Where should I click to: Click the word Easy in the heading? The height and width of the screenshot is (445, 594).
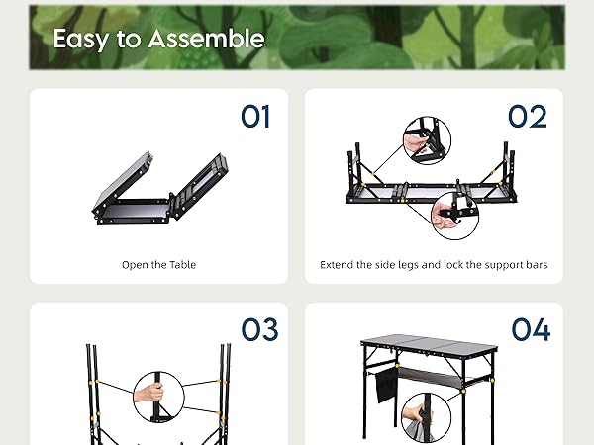pos(74,39)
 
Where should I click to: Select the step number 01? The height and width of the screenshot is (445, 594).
pos(255,117)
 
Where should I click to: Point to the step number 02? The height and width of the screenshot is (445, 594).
pos(528,117)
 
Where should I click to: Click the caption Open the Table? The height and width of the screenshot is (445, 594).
pos(158,265)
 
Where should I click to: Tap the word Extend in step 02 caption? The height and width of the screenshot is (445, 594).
pos(338,265)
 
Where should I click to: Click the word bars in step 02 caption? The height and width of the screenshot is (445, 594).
pos(535,265)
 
